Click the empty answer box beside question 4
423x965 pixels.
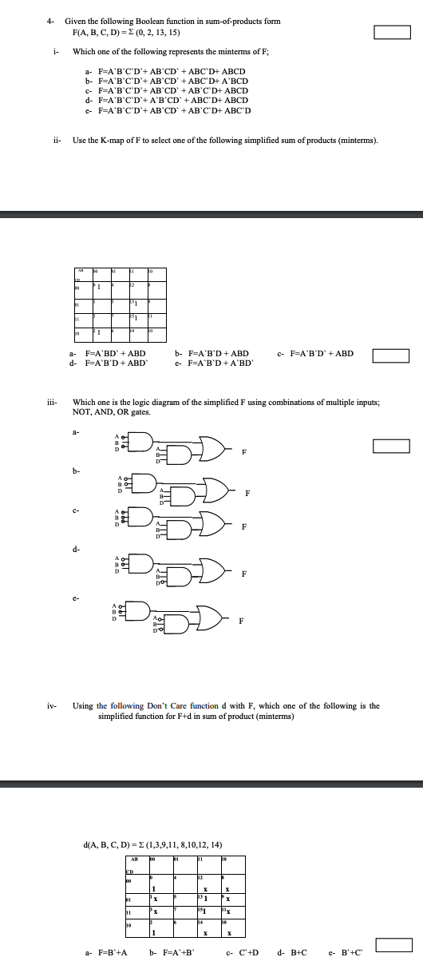tap(393, 32)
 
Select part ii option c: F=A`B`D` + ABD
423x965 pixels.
tap(316, 353)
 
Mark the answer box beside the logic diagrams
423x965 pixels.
tap(393, 446)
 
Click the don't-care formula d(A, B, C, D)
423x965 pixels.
tap(152, 844)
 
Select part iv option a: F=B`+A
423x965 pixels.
tap(105, 952)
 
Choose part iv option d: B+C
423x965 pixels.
tap(291, 952)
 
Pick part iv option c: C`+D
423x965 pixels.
tap(243, 952)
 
